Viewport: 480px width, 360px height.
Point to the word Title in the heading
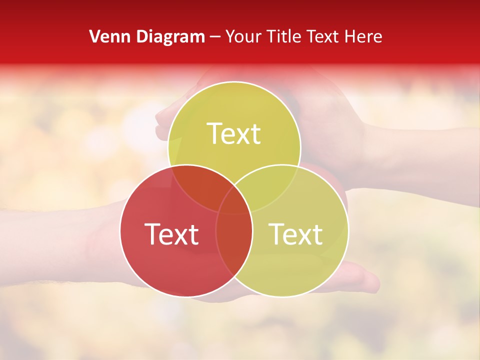tap(286, 36)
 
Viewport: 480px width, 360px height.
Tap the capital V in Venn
tap(94, 36)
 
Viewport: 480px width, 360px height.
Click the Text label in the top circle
tap(234, 134)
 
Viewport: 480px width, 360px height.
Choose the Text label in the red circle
tap(171, 234)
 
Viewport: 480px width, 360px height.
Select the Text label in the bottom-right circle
tap(296, 234)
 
